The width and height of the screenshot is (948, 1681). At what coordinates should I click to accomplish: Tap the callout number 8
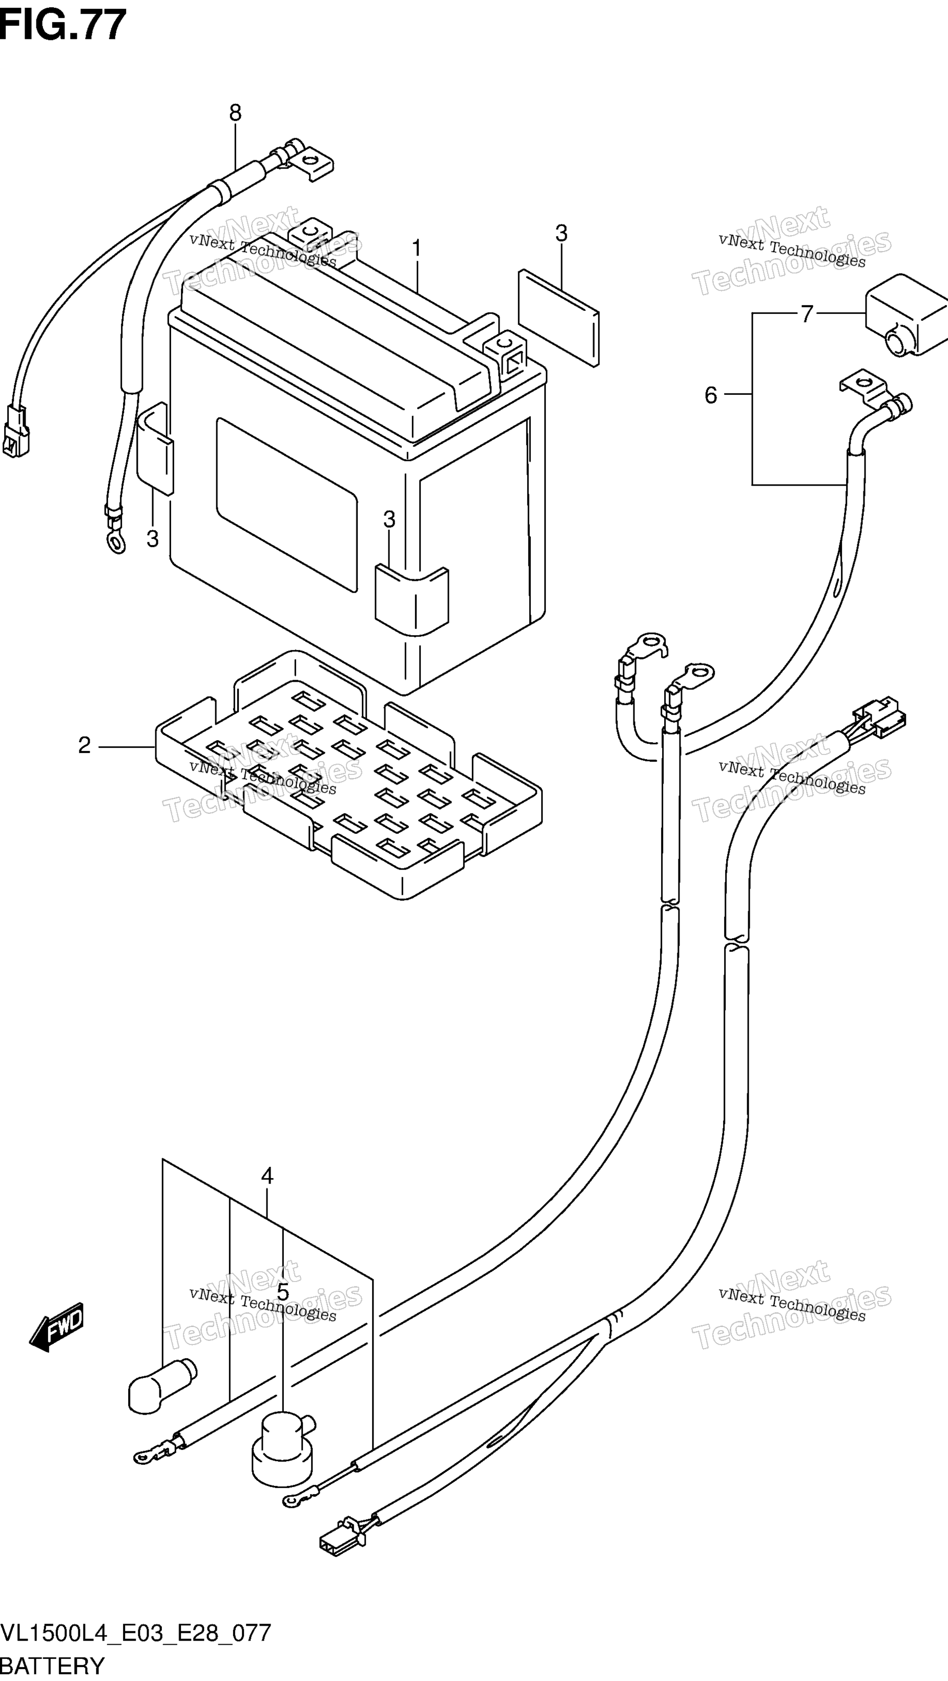[235, 114]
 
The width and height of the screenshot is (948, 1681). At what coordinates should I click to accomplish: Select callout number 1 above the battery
[417, 248]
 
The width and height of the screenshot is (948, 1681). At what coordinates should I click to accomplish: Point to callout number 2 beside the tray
[84, 745]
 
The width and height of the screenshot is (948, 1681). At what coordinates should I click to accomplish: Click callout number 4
[267, 1176]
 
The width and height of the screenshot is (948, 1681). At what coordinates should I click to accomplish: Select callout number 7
[807, 314]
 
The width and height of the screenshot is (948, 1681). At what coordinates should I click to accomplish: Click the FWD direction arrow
[57, 1327]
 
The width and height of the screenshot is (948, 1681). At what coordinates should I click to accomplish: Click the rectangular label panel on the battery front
[286, 505]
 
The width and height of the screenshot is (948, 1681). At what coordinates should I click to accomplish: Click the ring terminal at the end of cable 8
[115, 541]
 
